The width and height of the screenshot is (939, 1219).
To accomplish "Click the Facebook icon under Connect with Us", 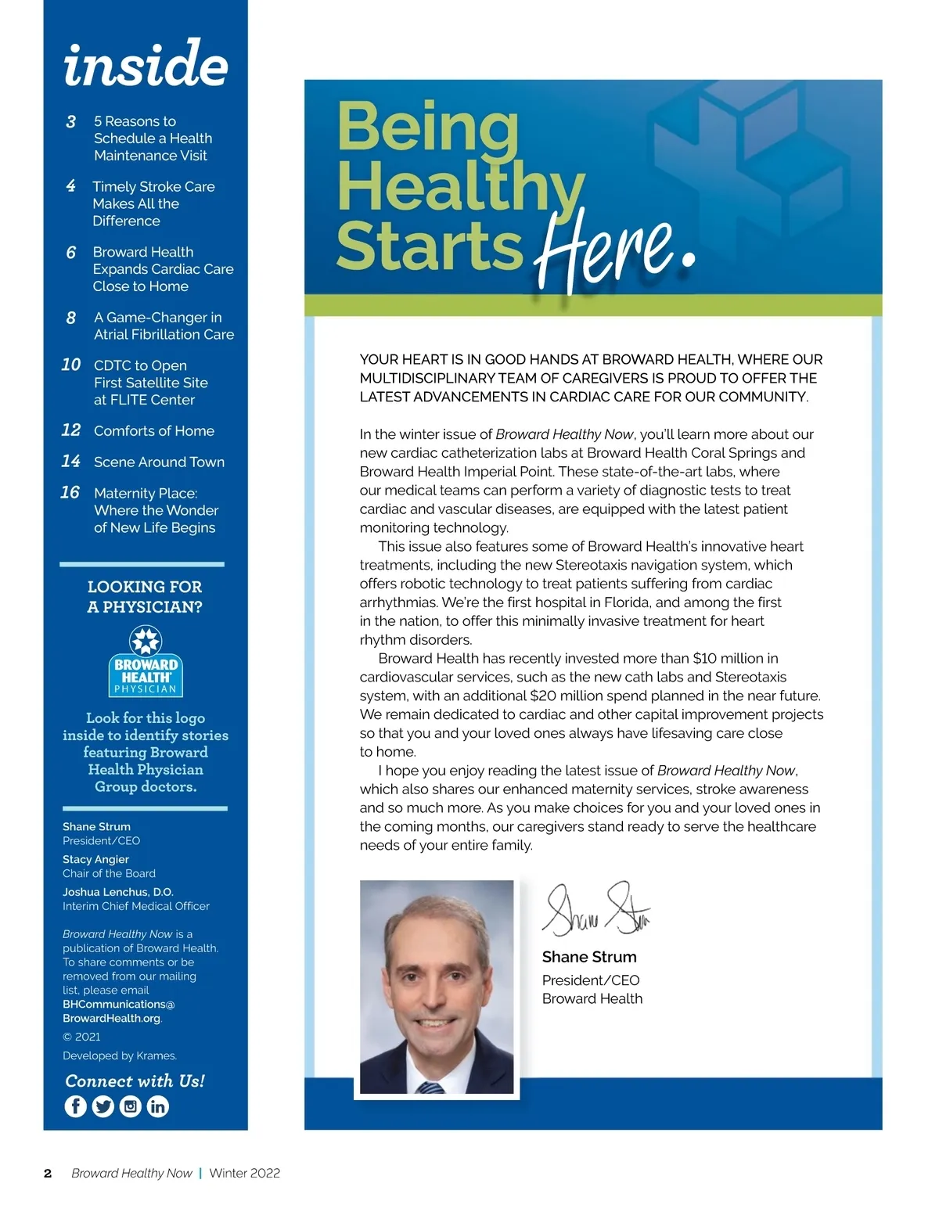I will [x=76, y=1106].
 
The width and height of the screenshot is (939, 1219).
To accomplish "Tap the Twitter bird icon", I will [x=103, y=1106].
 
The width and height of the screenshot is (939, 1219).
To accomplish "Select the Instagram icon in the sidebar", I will [x=131, y=1106].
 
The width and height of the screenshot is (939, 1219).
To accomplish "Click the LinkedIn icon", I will [x=158, y=1106].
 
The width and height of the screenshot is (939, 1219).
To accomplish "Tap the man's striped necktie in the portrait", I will [x=430, y=1087].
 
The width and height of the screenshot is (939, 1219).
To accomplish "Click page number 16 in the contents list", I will [x=70, y=492].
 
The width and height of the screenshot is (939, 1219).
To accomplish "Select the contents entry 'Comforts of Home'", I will [x=154, y=431].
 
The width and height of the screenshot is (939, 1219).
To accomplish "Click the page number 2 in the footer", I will [x=48, y=1174].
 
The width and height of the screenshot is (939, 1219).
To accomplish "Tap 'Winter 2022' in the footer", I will [x=245, y=1174].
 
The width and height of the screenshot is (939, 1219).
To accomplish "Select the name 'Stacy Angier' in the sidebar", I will [x=95, y=859].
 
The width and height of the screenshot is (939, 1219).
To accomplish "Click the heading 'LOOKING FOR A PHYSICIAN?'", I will [x=145, y=597].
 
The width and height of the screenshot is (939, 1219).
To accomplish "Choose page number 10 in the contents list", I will [x=71, y=365].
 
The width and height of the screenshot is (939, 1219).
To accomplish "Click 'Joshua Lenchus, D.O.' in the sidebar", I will [x=118, y=892].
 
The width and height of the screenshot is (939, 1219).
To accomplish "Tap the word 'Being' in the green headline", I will [x=427, y=127].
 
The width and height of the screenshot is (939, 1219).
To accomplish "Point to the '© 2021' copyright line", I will [x=81, y=1037].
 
